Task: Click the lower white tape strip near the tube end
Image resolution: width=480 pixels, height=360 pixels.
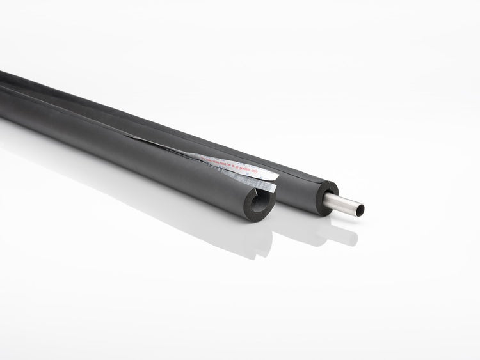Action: coord(259,185)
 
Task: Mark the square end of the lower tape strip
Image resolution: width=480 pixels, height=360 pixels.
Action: coord(274,188)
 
